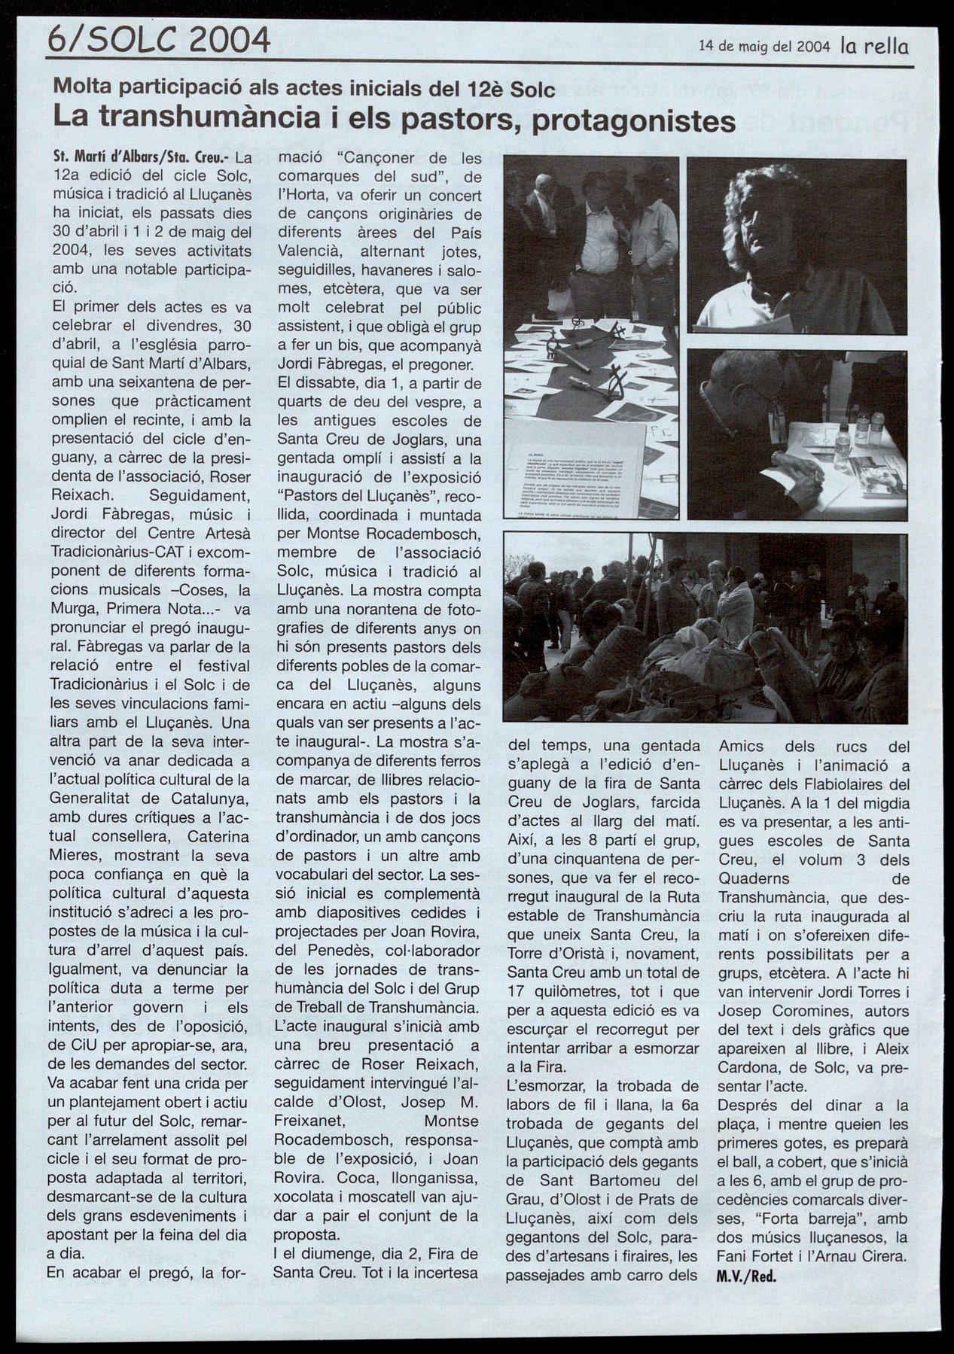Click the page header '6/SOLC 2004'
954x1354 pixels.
click(158, 39)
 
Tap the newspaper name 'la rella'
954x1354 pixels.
click(874, 46)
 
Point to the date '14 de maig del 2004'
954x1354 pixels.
click(764, 46)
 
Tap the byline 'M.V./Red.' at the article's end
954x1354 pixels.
click(746, 1275)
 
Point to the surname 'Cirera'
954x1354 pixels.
click(885, 1256)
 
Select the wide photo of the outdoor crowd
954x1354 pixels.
click(705, 628)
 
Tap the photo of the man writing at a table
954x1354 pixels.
click(797, 434)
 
